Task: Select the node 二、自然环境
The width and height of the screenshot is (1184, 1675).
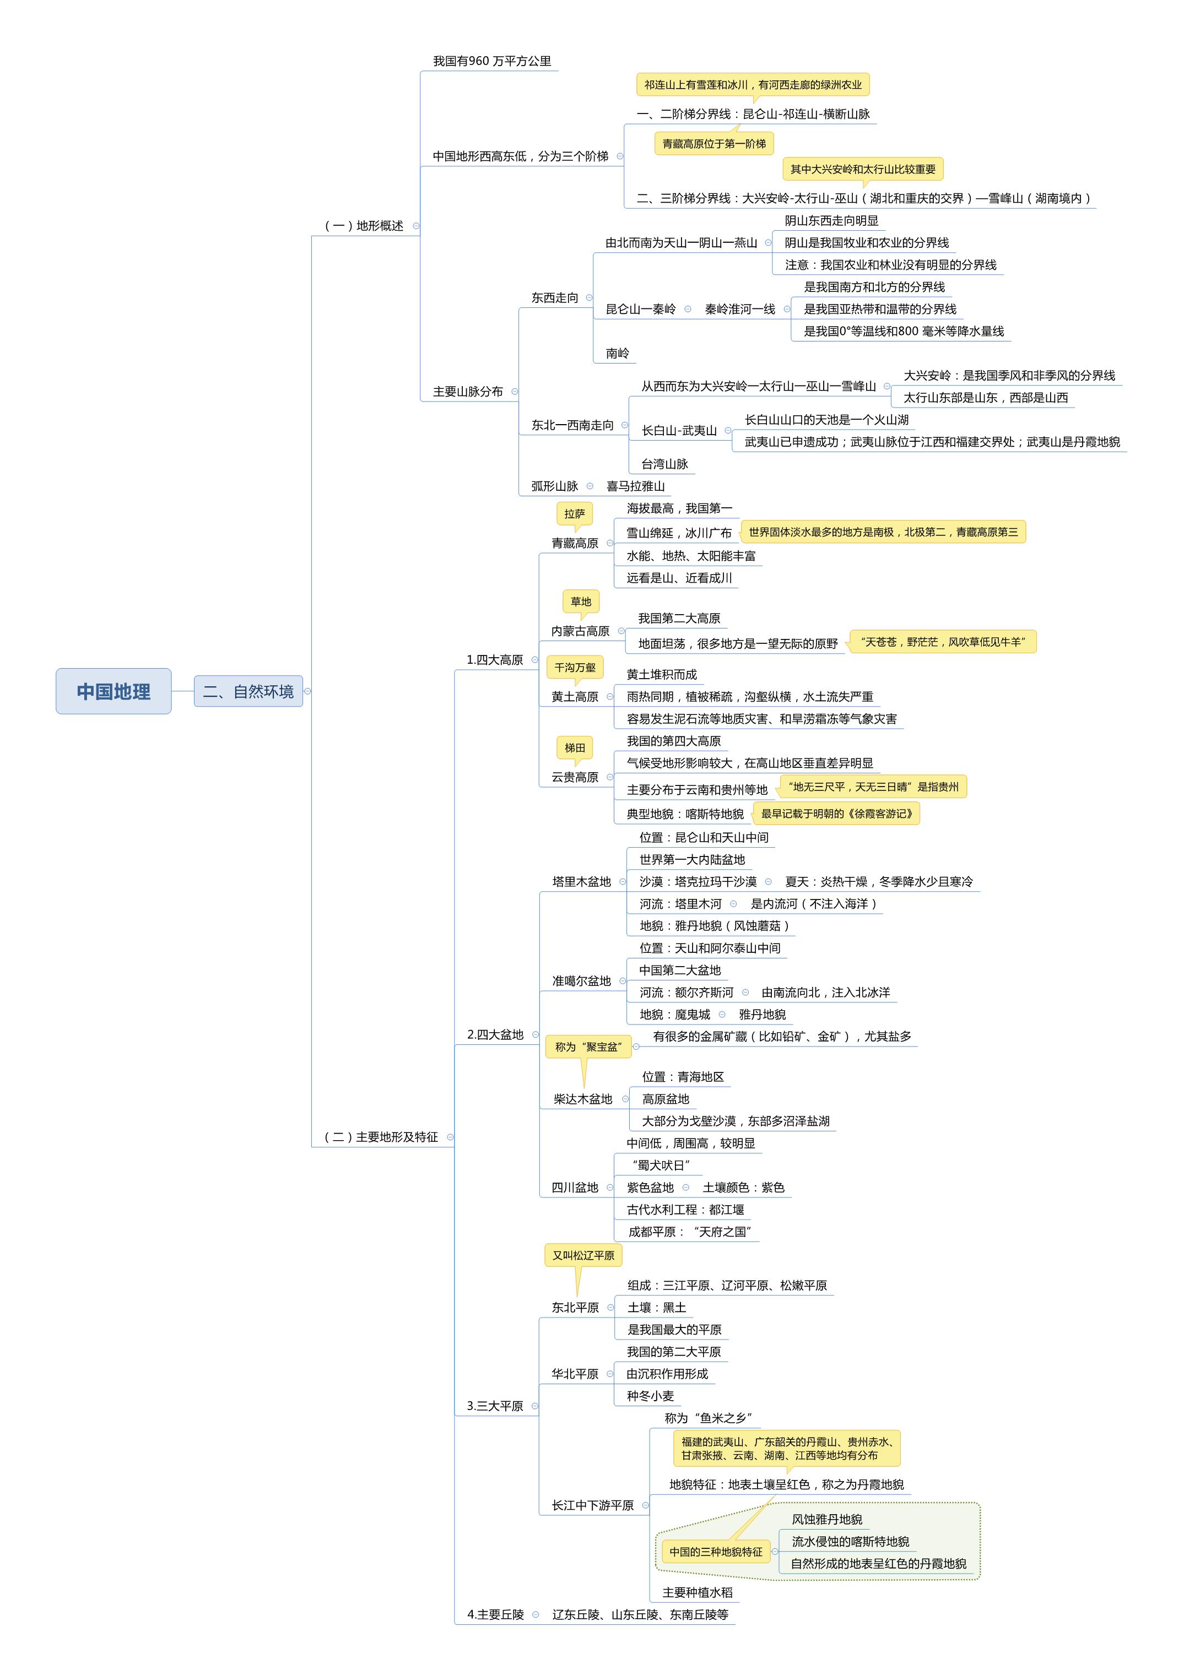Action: (x=248, y=691)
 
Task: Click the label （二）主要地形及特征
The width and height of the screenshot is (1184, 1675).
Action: (x=381, y=1137)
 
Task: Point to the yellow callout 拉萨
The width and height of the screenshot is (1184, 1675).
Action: (x=575, y=513)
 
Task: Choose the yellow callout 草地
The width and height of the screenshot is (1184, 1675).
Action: (x=581, y=601)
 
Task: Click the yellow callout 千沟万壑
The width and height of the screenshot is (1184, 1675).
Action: (x=575, y=667)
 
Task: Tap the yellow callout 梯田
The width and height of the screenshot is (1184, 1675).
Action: (x=575, y=748)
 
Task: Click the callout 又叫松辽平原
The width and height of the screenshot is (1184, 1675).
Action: (x=583, y=1255)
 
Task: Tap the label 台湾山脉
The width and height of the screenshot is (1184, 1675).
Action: (x=664, y=464)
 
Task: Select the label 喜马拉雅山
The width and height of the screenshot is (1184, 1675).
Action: (x=635, y=486)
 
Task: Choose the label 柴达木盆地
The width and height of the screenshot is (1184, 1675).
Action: (x=583, y=1099)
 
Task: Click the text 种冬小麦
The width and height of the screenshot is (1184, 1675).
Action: (x=650, y=1396)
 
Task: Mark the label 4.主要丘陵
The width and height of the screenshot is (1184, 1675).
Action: (x=495, y=1614)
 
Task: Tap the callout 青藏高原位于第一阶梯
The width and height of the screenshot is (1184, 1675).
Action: (x=713, y=144)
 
